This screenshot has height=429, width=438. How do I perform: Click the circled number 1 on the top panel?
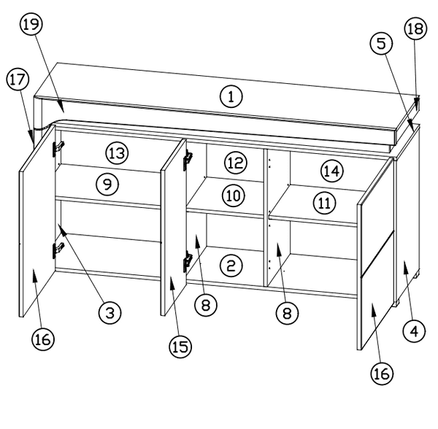tap(231, 96)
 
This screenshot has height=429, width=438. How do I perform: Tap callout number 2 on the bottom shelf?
tap(231, 266)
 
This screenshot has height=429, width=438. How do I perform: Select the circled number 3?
tap(110, 312)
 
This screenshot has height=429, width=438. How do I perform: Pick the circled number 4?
tap(414, 331)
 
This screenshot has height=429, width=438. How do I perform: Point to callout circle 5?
tap(382, 44)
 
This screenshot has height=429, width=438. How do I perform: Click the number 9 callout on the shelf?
tap(107, 184)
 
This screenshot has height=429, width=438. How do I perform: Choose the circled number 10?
tap(234, 196)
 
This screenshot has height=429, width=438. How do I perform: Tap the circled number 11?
tap(325, 203)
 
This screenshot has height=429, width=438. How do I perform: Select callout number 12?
tap(236, 163)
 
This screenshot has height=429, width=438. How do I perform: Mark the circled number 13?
tap(118, 153)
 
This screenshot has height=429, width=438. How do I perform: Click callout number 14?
tap(332, 171)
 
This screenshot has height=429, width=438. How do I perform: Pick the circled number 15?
tap(180, 347)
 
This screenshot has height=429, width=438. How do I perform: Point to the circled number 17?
tap(18, 80)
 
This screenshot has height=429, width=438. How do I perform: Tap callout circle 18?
tap(415, 28)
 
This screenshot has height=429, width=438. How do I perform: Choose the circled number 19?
tap(31, 24)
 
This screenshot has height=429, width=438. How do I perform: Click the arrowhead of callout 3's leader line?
tap(62, 230)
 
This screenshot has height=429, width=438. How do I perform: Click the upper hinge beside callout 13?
tap(58, 149)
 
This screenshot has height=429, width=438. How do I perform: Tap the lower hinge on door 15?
tap(188, 262)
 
